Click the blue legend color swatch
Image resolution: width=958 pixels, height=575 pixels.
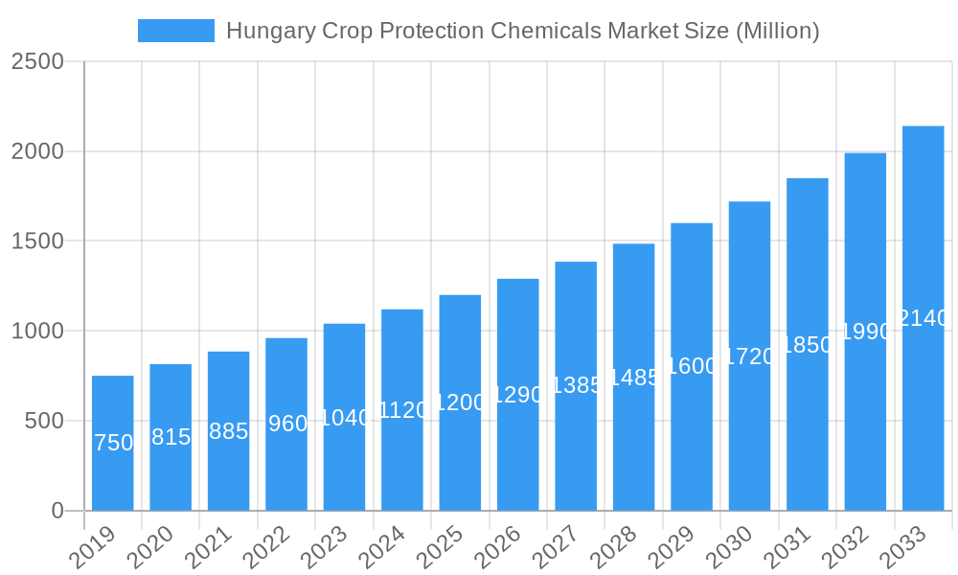tap(176, 31)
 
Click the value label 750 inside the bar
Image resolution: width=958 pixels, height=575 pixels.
tap(113, 443)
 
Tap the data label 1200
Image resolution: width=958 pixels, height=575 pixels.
tap(460, 402)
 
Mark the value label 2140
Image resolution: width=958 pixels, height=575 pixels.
tap(923, 318)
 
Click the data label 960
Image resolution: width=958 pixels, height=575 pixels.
tap(286, 424)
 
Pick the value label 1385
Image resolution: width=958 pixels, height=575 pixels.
tap(576, 385)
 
